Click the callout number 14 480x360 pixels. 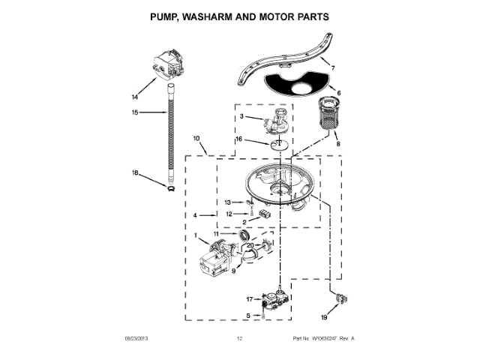[135, 97]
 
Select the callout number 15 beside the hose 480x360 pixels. [135, 113]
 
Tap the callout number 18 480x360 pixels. [135, 173]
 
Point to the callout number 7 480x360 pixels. [334, 68]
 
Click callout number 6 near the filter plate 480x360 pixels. [338, 93]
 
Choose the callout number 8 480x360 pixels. [337, 143]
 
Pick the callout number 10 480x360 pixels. [196, 139]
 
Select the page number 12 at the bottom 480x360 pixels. [240, 339]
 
